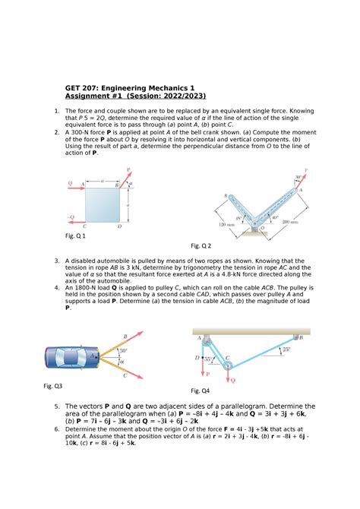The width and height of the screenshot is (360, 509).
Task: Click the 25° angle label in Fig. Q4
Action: coord(285,350)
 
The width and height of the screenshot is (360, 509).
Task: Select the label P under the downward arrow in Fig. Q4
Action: coord(206,375)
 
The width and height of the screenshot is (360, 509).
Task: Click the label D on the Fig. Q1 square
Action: coord(119,226)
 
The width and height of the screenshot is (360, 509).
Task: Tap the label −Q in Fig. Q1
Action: coord(71,217)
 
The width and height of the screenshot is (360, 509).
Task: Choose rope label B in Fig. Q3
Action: coord(125,336)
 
